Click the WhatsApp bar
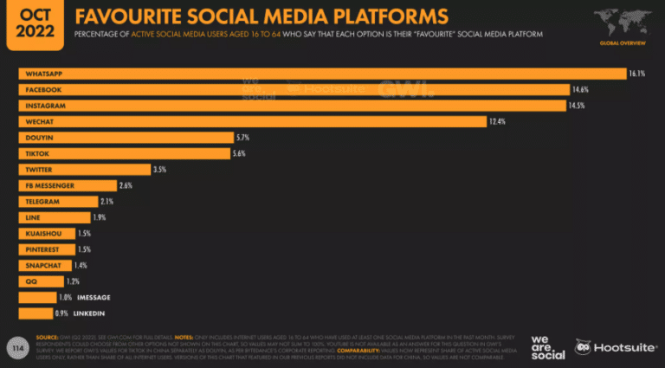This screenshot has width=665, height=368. [320, 74]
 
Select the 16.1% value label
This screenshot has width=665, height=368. [637, 74]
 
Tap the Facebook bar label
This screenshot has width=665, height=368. [44, 90]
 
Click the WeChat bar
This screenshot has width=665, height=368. [251, 121]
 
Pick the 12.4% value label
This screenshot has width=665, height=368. [498, 121]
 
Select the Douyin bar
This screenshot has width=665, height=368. [126, 138]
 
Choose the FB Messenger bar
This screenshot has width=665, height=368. [68, 185]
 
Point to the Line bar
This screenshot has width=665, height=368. [54, 217]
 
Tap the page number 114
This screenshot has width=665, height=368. [15, 345]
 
